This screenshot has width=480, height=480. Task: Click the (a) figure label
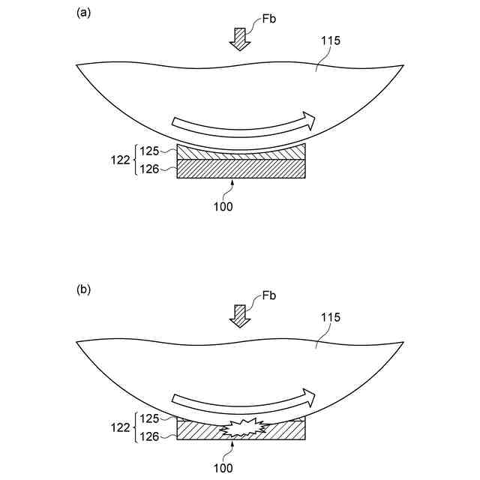tap(83, 13)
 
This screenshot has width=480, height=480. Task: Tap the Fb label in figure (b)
tap(269, 296)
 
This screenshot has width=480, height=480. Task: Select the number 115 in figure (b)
tap(331, 317)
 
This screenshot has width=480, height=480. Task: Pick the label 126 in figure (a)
tap(150, 169)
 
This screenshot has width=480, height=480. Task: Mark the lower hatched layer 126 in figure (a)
tap(241, 169)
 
